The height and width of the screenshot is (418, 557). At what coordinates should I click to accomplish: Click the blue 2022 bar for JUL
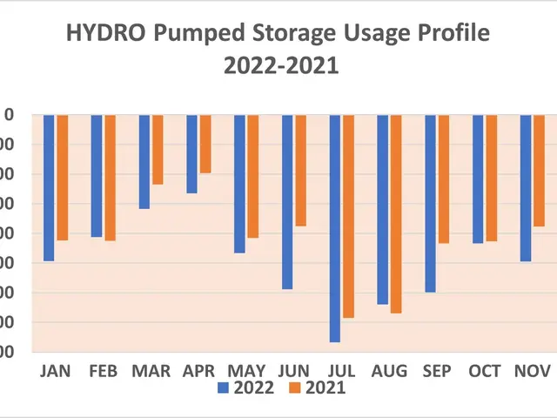pos(335,228)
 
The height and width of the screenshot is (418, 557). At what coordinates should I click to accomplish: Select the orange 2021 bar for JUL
pos(348,216)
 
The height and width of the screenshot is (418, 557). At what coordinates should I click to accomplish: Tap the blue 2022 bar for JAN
pos(49,187)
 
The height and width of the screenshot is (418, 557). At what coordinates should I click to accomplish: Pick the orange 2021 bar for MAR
pos(158,149)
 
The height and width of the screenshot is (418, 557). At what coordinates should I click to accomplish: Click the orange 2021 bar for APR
pos(205,144)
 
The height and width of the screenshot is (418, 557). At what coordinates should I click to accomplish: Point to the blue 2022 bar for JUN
pos(287,201)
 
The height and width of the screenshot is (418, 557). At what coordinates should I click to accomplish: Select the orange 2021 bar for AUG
pos(396,213)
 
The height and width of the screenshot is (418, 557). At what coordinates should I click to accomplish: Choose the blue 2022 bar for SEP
pos(430,203)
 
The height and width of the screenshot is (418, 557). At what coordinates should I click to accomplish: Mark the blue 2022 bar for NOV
pos(526,187)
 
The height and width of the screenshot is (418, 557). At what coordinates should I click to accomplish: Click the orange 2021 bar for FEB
pos(110,177)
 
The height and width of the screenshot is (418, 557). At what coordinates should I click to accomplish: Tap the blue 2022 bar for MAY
pos(239,183)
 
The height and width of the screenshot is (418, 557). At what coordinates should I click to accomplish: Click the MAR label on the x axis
pos(151,371)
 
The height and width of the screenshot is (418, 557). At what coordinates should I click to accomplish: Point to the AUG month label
pos(389,371)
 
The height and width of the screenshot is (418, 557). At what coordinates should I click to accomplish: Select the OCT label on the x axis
pos(485,371)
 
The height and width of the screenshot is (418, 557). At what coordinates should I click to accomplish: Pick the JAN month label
pos(56,371)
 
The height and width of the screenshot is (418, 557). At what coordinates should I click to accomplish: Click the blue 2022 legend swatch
pos(224,388)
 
